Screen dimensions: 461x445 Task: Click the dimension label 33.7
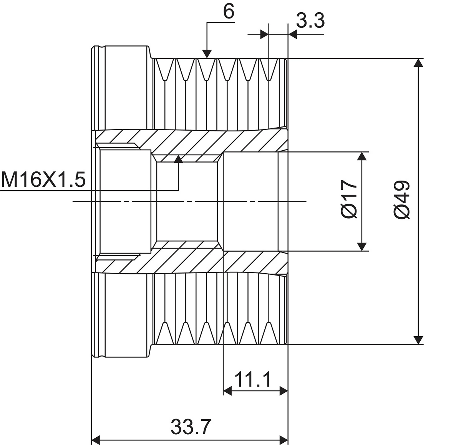(191, 427)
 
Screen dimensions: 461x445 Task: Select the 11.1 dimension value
(252, 379)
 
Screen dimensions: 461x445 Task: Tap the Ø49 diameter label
(402, 199)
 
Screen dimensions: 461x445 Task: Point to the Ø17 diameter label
(349, 199)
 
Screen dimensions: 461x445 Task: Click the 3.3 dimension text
(310, 20)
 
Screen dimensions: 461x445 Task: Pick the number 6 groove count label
(229, 12)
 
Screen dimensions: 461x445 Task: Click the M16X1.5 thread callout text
(43, 180)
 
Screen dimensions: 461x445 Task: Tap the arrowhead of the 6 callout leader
(207, 54)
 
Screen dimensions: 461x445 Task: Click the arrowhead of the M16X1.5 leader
(178, 159)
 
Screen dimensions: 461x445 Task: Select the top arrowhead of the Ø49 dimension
(419, 63)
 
